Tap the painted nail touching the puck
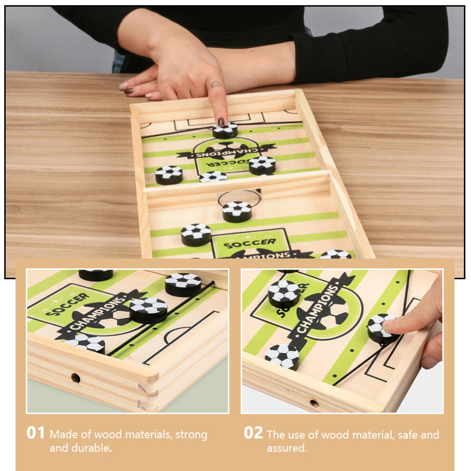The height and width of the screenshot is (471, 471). point(221,122)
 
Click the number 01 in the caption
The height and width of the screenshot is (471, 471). point(36,433)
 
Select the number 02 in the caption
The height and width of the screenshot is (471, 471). point(253,433)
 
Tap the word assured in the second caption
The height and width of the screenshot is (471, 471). point(287,448)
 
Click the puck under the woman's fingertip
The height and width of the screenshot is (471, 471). point(225,130)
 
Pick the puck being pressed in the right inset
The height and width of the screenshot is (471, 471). point(382,328)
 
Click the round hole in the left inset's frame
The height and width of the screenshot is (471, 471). point(75,378)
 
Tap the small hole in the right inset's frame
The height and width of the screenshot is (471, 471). point(314,403)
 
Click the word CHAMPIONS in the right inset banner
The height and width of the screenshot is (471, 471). point(318,309)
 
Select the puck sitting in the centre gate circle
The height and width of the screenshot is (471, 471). point(237,211)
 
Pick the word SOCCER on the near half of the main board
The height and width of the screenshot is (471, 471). point(250,244)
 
